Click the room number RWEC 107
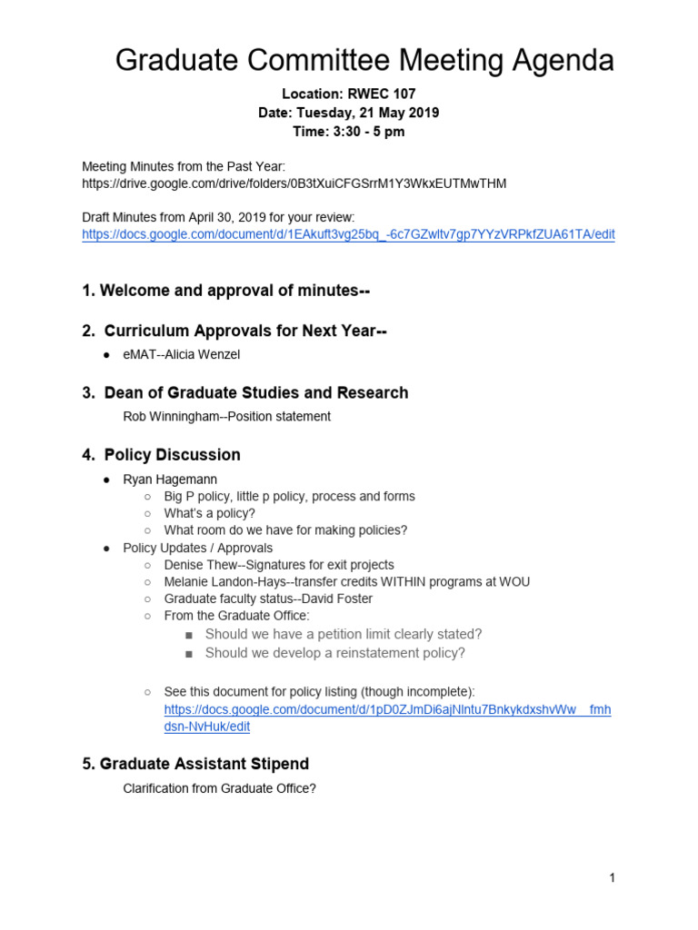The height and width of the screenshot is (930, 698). (x=379, y=94)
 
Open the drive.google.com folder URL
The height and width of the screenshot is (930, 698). (x=294, y=183)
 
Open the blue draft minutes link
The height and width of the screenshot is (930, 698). (x=348, y=234)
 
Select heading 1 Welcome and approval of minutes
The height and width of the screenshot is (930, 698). (x=225, y=291)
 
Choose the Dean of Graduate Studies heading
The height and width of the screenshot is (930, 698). (x=256, y=392)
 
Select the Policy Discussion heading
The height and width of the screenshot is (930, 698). (x=172, y=454)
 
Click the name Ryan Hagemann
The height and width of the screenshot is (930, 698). (x=170, y=479)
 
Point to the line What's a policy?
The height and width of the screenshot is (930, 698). (x=209, y=513)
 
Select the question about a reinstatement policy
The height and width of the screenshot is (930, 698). (x=334, y=653)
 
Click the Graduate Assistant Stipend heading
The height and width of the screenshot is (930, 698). (x=195, y=764)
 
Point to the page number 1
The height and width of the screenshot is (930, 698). (x=613, y=877)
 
